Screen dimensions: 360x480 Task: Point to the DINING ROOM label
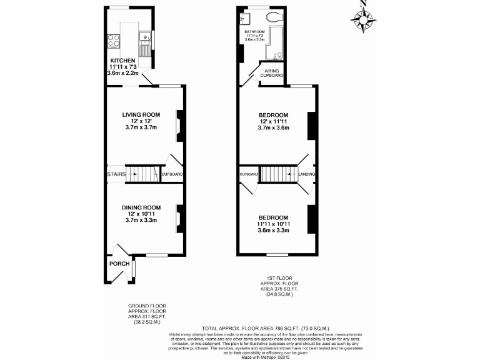(141, 207)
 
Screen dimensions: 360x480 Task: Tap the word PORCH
(119, 264)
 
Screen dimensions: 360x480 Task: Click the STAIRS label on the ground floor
(116, 174)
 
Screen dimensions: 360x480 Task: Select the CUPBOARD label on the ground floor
(172, 174)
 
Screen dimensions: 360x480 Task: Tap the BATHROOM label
(254, 31)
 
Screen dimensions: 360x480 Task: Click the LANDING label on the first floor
(306, 174)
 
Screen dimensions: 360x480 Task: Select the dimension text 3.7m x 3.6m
(273, 127)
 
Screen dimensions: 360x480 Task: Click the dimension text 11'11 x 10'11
(273, 223)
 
